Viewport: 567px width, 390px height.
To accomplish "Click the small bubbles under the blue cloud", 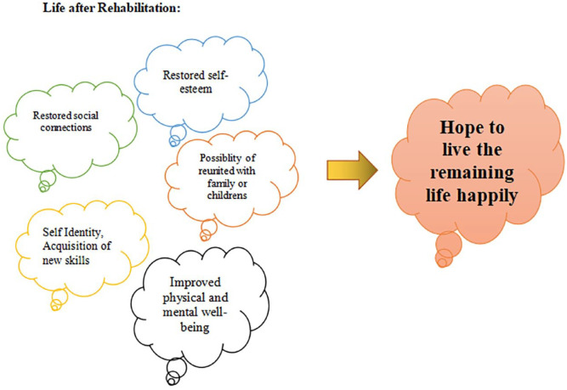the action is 178,134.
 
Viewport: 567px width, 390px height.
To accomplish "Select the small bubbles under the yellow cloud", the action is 59,298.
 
